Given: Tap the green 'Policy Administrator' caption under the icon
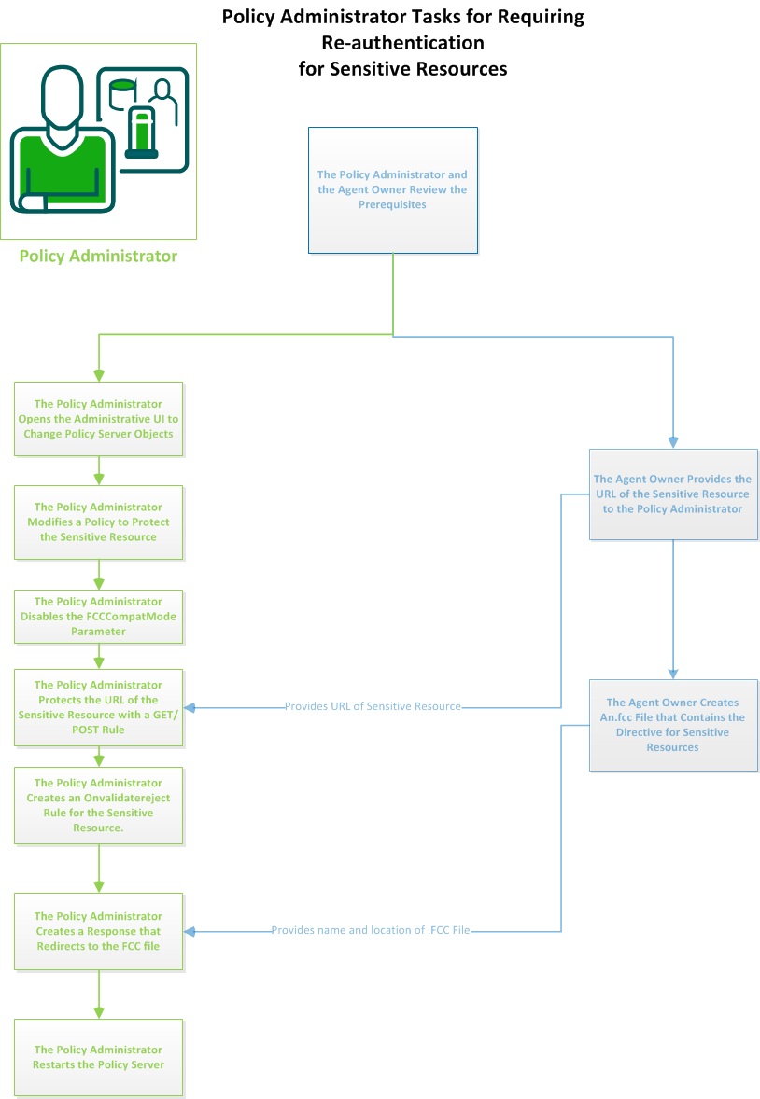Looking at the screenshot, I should tap(98, 256).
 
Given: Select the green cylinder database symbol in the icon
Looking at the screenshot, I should tap(122, 91).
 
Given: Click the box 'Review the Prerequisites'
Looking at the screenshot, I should tap(392, 189).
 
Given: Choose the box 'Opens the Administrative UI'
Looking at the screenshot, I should tap(98, 419).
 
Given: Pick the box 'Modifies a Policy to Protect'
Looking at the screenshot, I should tap(98, 522).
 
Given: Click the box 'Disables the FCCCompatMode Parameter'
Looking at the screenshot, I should tap(98, 617).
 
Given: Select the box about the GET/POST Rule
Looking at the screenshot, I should tap(98, 707).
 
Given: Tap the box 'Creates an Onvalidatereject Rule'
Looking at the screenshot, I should tap(98, 805).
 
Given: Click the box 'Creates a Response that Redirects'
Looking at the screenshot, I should tap(98, 931).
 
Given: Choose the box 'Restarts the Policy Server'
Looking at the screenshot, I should tap(98, 1057).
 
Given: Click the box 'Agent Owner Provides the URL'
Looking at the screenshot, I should tap(672, 494).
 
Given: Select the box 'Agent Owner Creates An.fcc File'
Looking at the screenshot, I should tap(672, 725).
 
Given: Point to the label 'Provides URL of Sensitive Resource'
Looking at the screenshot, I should tap(373, 706).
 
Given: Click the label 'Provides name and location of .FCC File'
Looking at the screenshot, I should tap(371, 930).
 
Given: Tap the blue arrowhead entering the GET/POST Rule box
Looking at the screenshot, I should tap(190, 707).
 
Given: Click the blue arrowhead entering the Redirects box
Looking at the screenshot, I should tap(190, 931).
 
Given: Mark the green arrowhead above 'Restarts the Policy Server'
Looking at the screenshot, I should tap(98, 1012).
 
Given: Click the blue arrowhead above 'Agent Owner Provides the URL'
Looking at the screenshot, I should tap(672, 442).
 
